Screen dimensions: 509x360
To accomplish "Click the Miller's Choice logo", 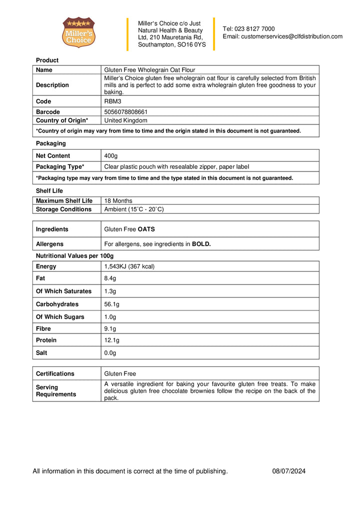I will point(78,32).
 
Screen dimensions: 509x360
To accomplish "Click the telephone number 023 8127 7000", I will point(255,28).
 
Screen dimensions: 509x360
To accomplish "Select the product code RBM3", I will point(112,101).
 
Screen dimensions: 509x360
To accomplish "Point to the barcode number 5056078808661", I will point(125,112).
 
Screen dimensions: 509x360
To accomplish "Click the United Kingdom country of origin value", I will point(125,120).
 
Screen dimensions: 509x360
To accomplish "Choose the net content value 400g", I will point(111,156).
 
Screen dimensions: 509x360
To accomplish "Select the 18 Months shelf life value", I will point(118,201).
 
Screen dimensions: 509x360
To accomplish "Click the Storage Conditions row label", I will point(63,209).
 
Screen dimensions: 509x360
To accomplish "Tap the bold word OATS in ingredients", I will point(146,229).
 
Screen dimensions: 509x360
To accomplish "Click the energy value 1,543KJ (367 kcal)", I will point(129,266).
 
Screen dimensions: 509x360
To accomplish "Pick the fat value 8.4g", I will point(110,278).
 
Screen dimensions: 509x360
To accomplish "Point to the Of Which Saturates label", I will point(63,291).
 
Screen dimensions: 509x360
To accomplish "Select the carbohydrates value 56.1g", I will point(112,304).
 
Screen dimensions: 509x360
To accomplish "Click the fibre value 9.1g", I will point(110,329).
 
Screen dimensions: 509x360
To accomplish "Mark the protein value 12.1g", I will point(112,340).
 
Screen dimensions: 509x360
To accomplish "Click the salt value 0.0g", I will point(110,353).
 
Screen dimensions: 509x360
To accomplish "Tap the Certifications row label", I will point(55,373).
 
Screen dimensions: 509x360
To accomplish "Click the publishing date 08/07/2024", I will point(289,471).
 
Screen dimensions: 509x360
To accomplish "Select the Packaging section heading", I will point(50,143).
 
